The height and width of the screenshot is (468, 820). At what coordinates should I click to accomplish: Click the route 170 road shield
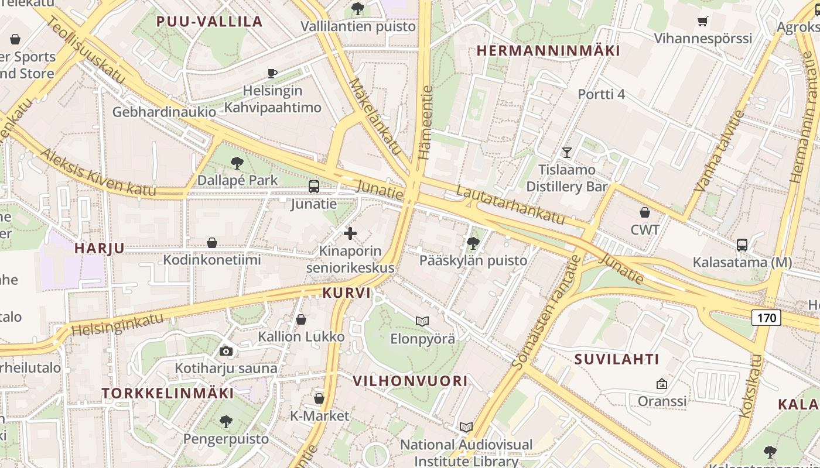click(x=766, y=318)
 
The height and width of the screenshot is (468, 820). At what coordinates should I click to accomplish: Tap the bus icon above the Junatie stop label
click(x=314, y=187)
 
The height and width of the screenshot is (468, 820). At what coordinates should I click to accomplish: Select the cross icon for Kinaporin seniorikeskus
click(x=350, y=233)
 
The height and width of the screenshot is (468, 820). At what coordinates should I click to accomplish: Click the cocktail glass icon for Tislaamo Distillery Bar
click(x=566, y=153)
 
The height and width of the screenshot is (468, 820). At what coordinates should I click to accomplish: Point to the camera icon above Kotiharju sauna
click(x=226, y=351)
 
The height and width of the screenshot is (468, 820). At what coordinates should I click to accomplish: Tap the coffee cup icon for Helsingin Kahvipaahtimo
click(x=272, y=73)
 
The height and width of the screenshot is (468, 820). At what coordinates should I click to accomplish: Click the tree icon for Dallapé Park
click(x=237, y=163)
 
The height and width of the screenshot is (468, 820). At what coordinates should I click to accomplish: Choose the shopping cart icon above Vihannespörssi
click(x=703, y=22)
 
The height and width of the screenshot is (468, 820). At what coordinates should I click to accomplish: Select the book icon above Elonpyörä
click(x=422, y=321)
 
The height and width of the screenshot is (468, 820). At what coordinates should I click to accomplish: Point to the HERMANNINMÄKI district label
click(x=548, y=51)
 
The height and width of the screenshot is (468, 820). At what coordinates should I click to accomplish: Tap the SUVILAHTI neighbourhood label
click(x=617, y=359)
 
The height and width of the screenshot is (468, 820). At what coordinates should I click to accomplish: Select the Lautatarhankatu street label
click(x=510, y=205)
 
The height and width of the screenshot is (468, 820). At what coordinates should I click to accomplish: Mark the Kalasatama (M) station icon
click(x=742, y=245)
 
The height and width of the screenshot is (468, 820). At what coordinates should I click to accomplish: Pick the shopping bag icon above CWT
click(x=645, y=212)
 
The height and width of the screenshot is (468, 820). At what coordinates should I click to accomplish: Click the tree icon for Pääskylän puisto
click(x=473, y=243)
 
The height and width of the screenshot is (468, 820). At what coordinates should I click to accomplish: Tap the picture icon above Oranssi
click(x=662, y=384)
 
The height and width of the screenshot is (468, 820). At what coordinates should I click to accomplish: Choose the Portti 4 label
click(x=602, y=94)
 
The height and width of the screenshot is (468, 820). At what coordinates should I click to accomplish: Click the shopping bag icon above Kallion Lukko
click(x=301, y=319)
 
